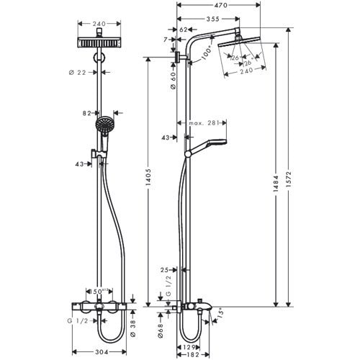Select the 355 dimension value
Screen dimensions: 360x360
pos(210,18)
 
